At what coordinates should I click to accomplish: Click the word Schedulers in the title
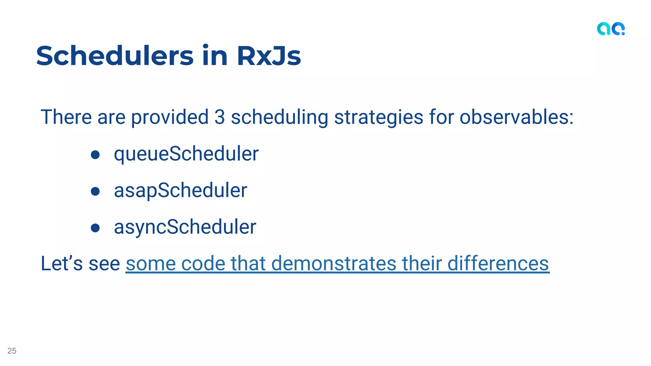115,56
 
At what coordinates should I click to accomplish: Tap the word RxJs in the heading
269,56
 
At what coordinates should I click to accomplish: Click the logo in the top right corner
611,29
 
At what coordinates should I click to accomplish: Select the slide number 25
12,351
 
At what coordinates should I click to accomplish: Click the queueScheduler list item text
186,154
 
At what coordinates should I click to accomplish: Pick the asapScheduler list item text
181,191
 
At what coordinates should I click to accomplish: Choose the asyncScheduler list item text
185,227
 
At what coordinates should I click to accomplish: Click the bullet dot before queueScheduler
95,155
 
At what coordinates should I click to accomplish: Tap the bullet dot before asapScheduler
95,191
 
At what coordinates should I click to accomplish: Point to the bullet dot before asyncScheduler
95,228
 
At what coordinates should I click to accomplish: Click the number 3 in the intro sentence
220,117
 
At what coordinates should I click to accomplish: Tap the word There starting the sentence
66,117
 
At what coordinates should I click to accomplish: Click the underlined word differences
498,263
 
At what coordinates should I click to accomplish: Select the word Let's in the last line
62,263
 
